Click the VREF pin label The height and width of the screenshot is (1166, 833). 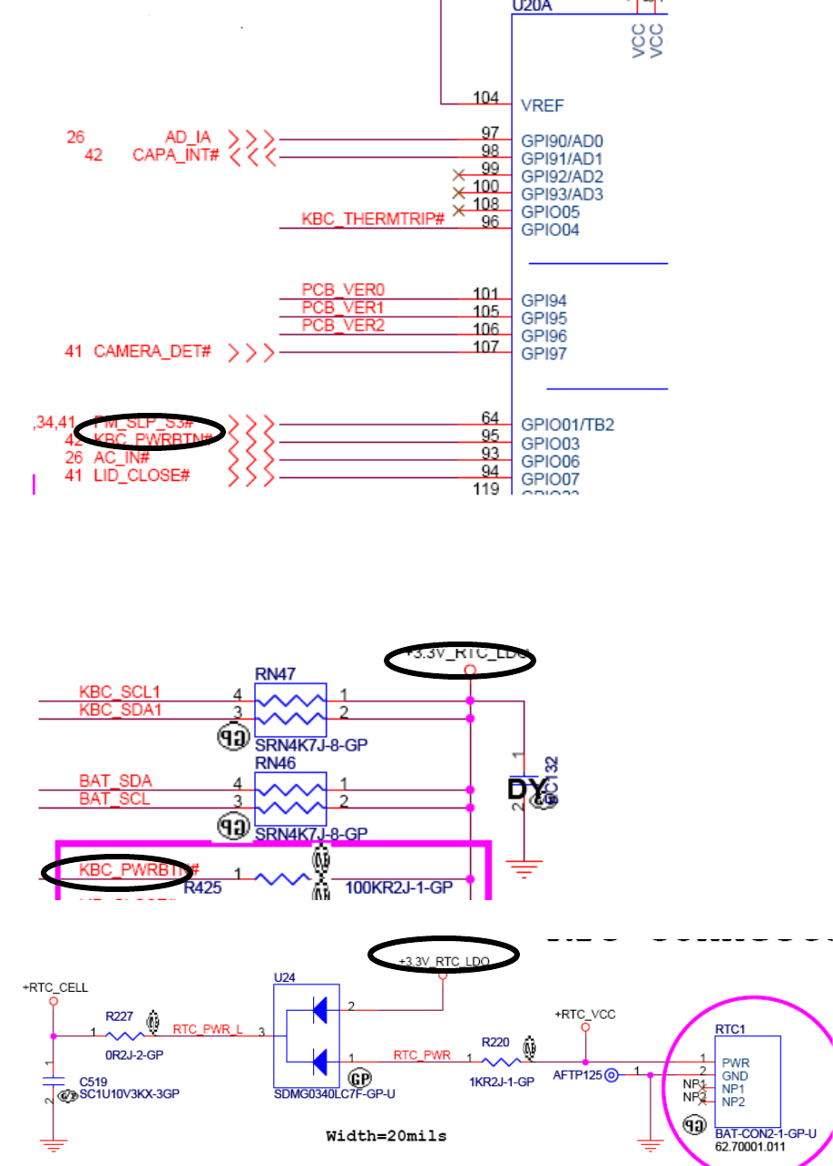pos(541,105)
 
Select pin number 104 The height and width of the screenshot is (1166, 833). pos(485,97)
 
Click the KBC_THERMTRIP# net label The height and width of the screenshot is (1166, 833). pos(373,220)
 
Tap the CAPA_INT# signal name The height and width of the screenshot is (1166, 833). pos(176,155)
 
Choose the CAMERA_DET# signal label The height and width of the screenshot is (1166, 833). pos(152,351)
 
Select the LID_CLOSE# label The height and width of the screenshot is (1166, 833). pos(142,475)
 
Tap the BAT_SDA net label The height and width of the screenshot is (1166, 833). pos(115,781)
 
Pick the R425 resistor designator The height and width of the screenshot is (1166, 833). pos(202,888)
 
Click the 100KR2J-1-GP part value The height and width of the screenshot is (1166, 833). pos(398,888)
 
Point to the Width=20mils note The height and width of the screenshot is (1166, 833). pos(387,1135)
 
